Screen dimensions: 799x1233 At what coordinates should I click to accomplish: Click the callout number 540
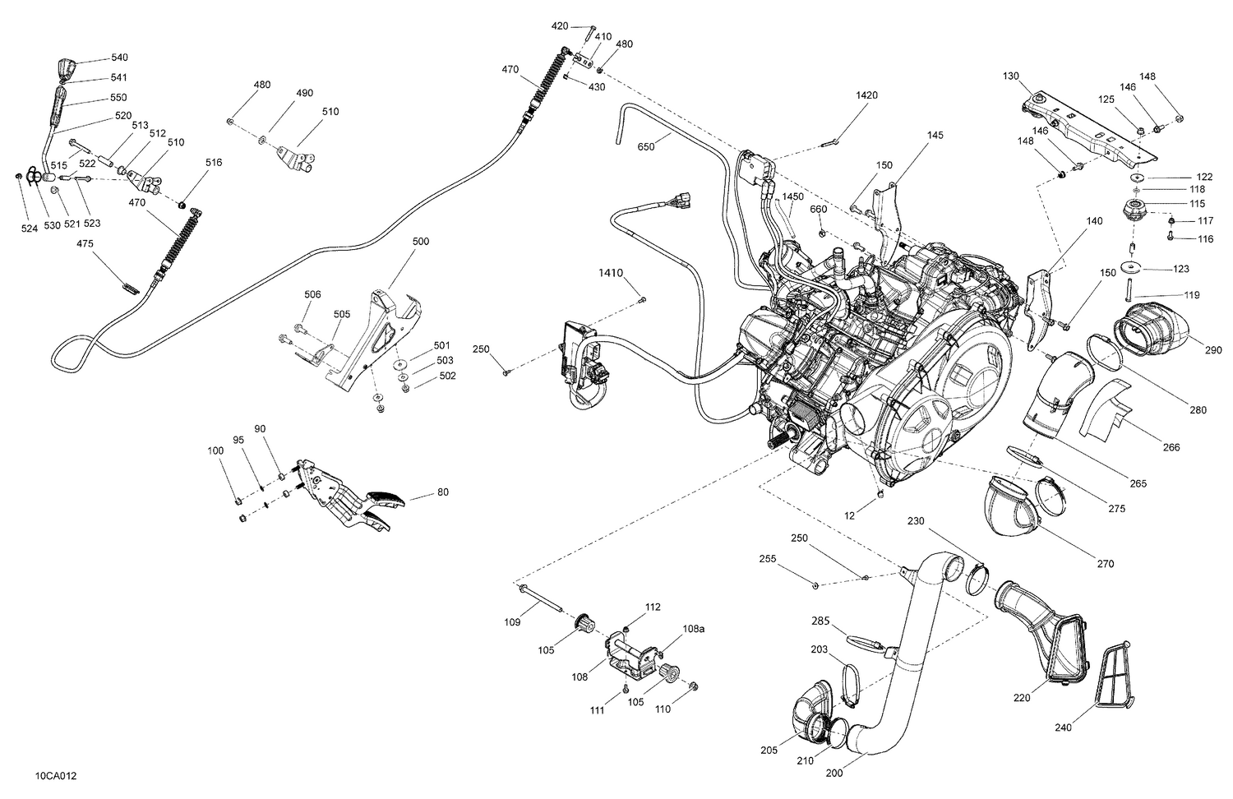119,58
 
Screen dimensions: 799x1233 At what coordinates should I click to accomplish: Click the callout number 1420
866,95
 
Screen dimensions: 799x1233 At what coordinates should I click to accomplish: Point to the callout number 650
646,148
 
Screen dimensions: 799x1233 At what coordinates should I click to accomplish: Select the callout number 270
1105,564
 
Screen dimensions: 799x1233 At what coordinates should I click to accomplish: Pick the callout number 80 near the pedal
443,493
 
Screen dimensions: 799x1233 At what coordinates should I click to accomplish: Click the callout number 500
420,242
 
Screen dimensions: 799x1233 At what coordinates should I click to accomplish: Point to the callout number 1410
611,272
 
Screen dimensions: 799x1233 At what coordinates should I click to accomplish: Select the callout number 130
1011,76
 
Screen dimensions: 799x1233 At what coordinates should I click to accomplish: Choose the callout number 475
85,244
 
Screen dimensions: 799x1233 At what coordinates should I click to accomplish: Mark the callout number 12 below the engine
850,515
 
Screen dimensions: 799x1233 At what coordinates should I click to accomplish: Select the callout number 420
560,27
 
